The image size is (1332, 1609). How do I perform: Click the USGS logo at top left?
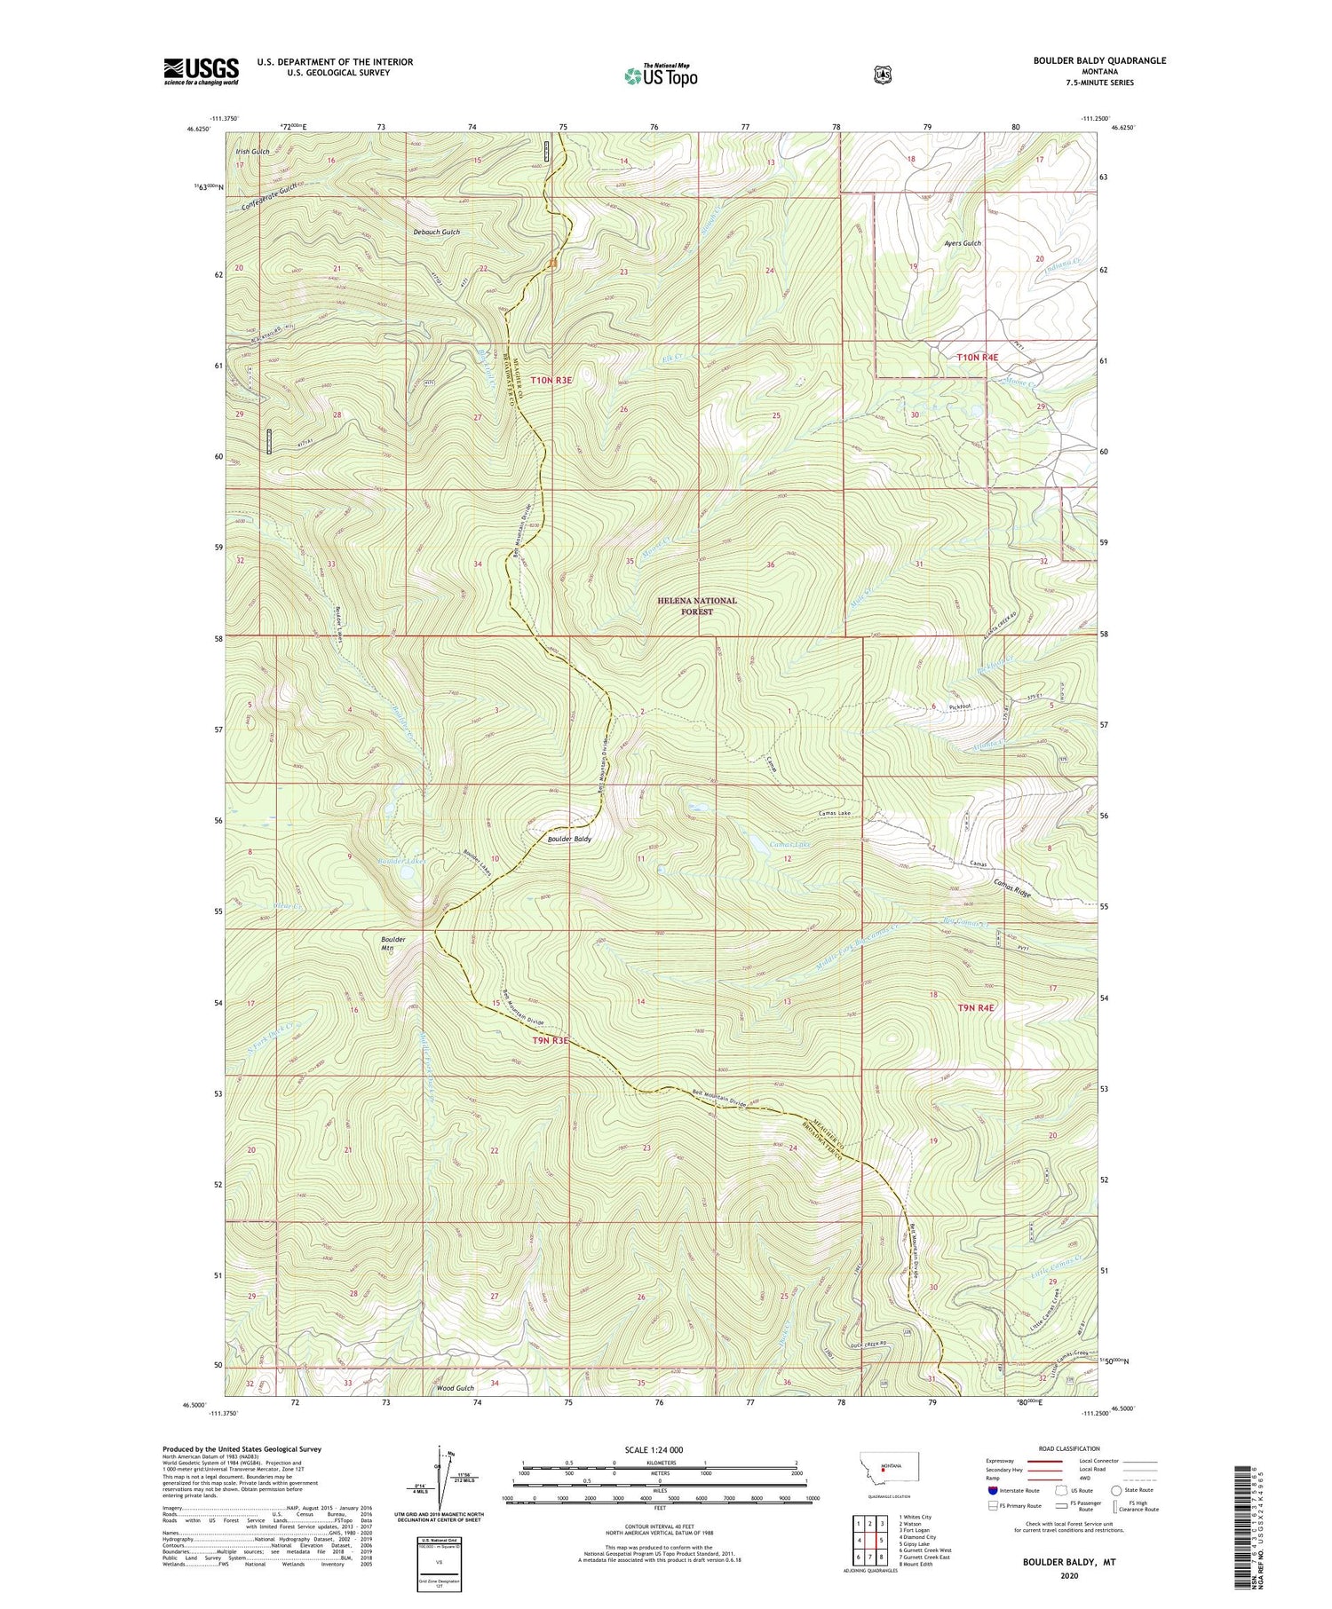[201, 71]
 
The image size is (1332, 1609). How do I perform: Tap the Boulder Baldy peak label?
[569, 838]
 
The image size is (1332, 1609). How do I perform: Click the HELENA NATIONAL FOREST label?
[696, 606]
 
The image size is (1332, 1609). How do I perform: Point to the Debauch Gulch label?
[436, 232]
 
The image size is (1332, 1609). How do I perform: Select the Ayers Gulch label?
[963, 243]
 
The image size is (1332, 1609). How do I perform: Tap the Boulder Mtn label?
[392, 943]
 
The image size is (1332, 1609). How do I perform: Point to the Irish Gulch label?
[252, 152]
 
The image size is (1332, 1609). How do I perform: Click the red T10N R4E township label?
[977, 357]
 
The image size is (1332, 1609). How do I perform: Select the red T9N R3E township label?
[550, 1041]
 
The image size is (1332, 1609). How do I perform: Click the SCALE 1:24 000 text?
[660, 1450]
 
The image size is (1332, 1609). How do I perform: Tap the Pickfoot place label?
[959, 706]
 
